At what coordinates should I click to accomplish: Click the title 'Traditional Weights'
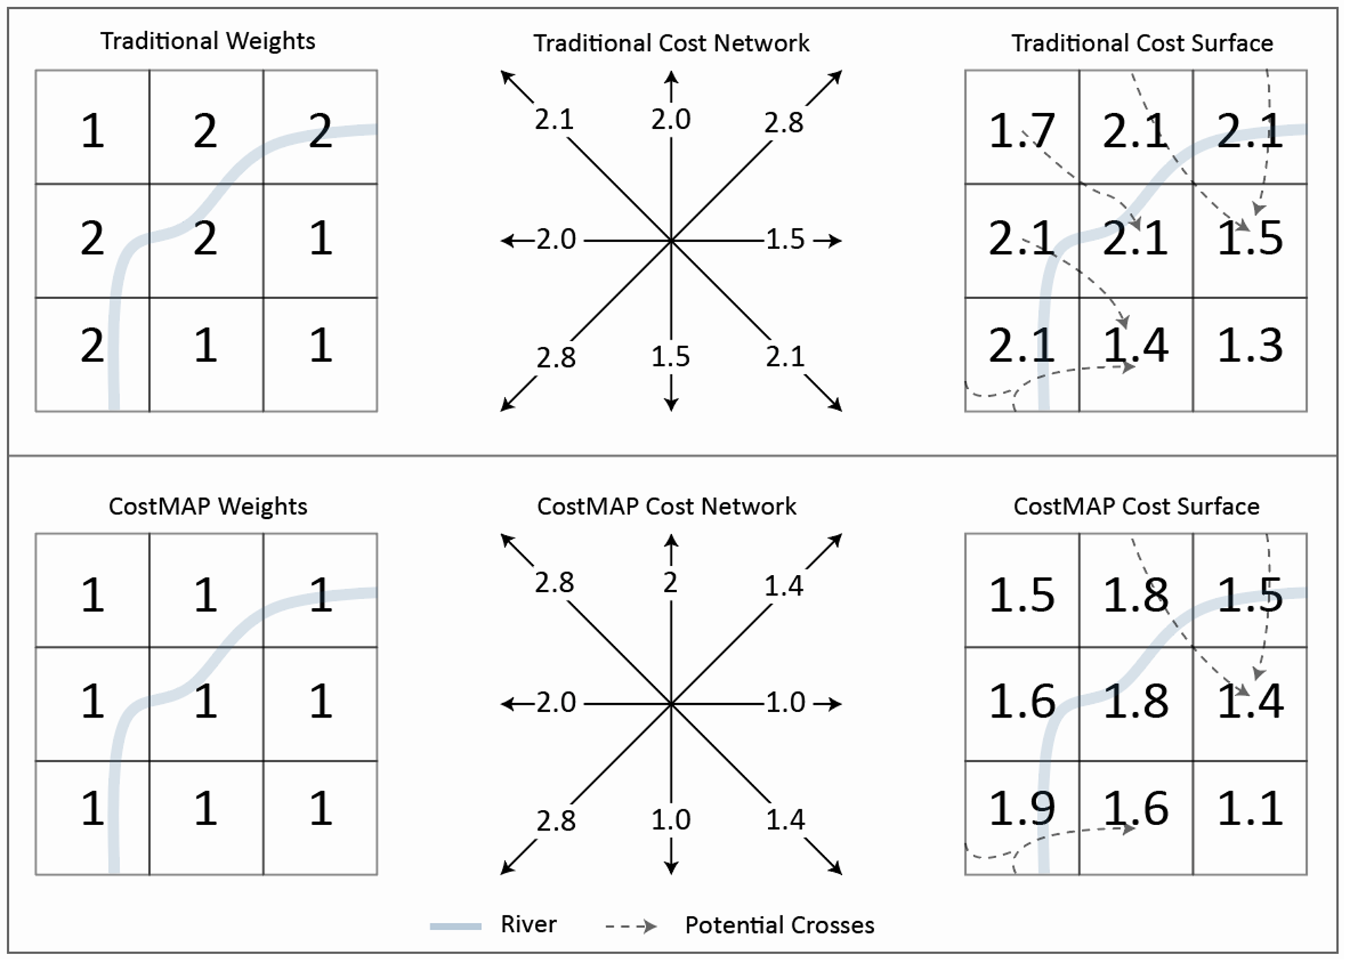(208, 41)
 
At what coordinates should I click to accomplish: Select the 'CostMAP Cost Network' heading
(666, 507)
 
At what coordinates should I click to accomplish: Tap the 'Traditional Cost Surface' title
(1142, 43)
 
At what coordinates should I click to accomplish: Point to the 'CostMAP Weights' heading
(208, 507)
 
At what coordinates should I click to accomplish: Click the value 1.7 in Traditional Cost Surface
(1021, 130)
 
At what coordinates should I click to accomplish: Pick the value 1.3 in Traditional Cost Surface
(1249, 345)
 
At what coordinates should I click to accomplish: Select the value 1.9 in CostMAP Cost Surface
(1021, 808)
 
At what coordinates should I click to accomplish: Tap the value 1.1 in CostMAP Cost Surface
(1249, 808)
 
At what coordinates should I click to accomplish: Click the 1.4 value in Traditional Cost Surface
(1135, 345)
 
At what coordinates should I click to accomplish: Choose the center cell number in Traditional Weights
(205, 239)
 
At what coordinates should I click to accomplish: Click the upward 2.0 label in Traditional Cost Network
(671, 119)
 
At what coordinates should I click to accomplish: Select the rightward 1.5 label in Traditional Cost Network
(785, 239)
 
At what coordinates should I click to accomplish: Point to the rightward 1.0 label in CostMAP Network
(785, 702)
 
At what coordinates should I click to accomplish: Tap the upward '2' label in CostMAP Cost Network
(671, 583)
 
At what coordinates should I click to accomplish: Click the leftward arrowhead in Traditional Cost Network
(507, 241)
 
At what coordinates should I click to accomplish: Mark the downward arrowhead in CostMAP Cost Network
(671, 869)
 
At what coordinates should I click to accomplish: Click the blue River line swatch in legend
(456, 926)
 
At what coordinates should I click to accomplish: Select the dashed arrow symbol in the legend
(631, 926)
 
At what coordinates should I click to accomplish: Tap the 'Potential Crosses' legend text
(779, 925)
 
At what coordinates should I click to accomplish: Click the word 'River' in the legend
(528, 924)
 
